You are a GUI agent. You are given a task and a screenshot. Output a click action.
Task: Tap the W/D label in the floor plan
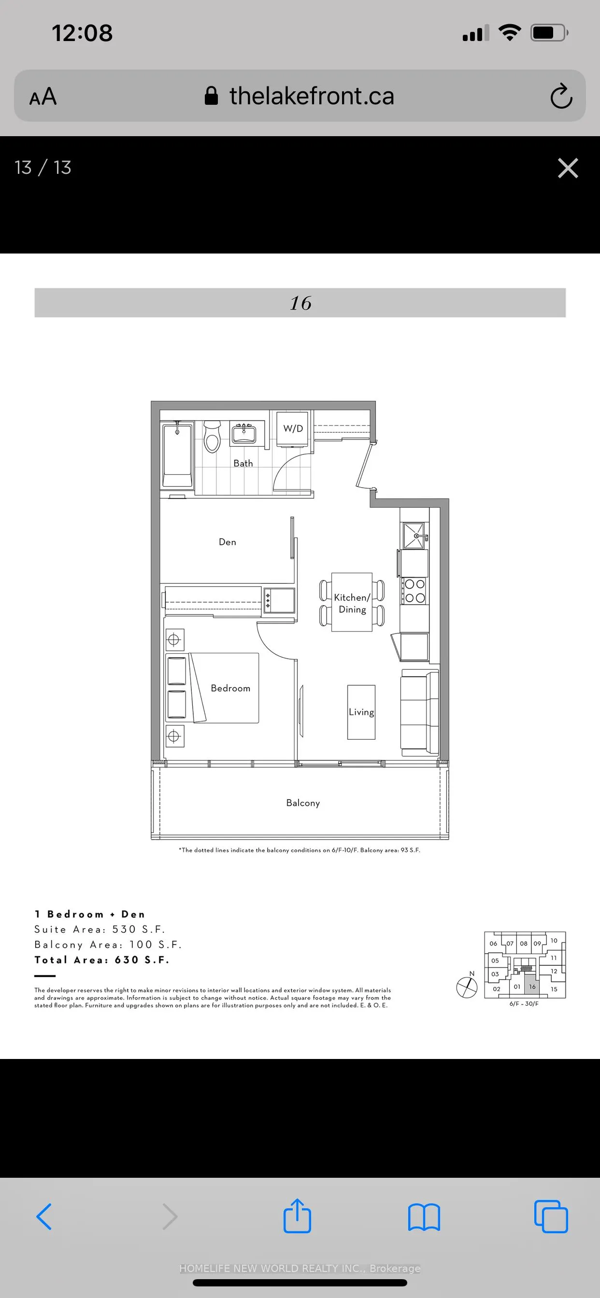click(x=293, y=428)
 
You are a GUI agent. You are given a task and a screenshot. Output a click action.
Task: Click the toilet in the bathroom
click(x=212, y=437)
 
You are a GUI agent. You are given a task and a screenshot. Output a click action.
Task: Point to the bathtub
click(x=177, y=455)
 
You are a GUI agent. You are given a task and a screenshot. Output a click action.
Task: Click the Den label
click(x=228, y=542)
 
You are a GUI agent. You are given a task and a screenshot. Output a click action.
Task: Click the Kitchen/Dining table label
click(x=352, y=603)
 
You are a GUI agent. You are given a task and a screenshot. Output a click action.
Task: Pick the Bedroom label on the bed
click(x=230, y=688)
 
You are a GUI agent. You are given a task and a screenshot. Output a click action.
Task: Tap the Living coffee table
click(x=361, y=712)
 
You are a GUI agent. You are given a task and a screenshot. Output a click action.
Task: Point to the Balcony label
click(x=302, y=803)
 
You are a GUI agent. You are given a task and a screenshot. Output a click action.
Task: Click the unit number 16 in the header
click(x=300, y=303)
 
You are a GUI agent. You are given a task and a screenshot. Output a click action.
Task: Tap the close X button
click(x=568, y=168)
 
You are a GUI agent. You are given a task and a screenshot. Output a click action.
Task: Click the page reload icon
click(x=561, y=96)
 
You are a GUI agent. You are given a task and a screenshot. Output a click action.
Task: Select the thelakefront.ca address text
click(x=311, y=96)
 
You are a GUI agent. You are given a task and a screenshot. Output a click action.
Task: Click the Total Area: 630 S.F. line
click(x=102, y=960)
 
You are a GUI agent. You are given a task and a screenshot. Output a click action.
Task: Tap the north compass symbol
click(x=467, y=987)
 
